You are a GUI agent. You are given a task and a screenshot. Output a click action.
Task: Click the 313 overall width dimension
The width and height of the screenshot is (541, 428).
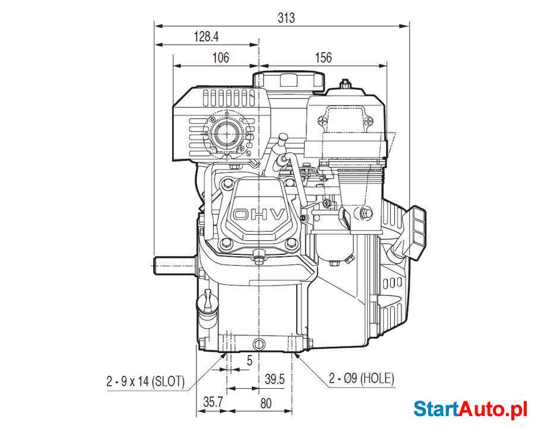tap(286, 18)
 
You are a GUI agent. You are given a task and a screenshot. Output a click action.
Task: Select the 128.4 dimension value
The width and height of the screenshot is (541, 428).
tap(206, 37)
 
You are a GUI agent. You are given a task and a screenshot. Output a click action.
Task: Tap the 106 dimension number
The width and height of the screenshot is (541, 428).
tap(220, 58)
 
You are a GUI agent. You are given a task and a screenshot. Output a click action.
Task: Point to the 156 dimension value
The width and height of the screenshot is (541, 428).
tap(323, 58)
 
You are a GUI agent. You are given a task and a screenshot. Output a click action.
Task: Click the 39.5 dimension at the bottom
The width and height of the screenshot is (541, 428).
tap(274, 379)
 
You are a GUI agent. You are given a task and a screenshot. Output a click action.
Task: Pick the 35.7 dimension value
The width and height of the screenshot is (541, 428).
tap(213, 402)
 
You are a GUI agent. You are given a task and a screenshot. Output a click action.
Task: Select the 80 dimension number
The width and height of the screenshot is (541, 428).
tap(265, 403)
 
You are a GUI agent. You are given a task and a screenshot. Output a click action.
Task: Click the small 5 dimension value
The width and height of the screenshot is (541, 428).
tap(249, 360)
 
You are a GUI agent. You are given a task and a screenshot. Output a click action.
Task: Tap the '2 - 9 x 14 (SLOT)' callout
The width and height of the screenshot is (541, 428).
tap(145, 380)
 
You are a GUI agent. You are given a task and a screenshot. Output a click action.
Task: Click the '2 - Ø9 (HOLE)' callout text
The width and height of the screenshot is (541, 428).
tap(361, 378)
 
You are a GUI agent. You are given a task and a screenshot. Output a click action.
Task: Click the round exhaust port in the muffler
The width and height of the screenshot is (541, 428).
tap(227, 135)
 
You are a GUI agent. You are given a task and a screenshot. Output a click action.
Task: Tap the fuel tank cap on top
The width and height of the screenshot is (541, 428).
tap(289, 80)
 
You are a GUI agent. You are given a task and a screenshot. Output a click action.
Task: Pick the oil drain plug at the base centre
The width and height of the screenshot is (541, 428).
tap(259, 344)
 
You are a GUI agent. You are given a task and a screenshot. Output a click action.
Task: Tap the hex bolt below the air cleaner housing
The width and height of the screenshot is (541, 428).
tap(364, 213)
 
